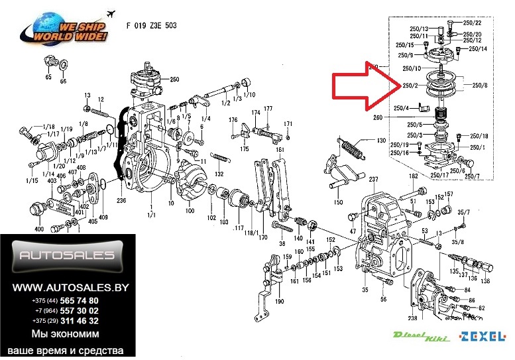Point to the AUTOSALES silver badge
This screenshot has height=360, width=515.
point(66,256)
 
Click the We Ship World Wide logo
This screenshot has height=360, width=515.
point(66,30)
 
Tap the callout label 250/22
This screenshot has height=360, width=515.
point(473,23)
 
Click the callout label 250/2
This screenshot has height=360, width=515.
point(410,86)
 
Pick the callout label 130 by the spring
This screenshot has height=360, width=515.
point(380,141)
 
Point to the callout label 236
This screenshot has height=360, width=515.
point(121,200)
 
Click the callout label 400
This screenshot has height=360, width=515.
point(39,229)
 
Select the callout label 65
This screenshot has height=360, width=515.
point(48,78)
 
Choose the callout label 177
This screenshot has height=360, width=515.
point(268,108)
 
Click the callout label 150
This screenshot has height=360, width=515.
point(338,202)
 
